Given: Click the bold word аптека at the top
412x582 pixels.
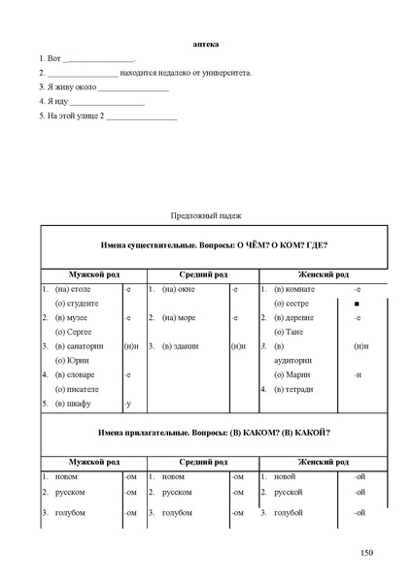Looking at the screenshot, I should point(206,44).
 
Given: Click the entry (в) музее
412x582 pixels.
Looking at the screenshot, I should point(71,317).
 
